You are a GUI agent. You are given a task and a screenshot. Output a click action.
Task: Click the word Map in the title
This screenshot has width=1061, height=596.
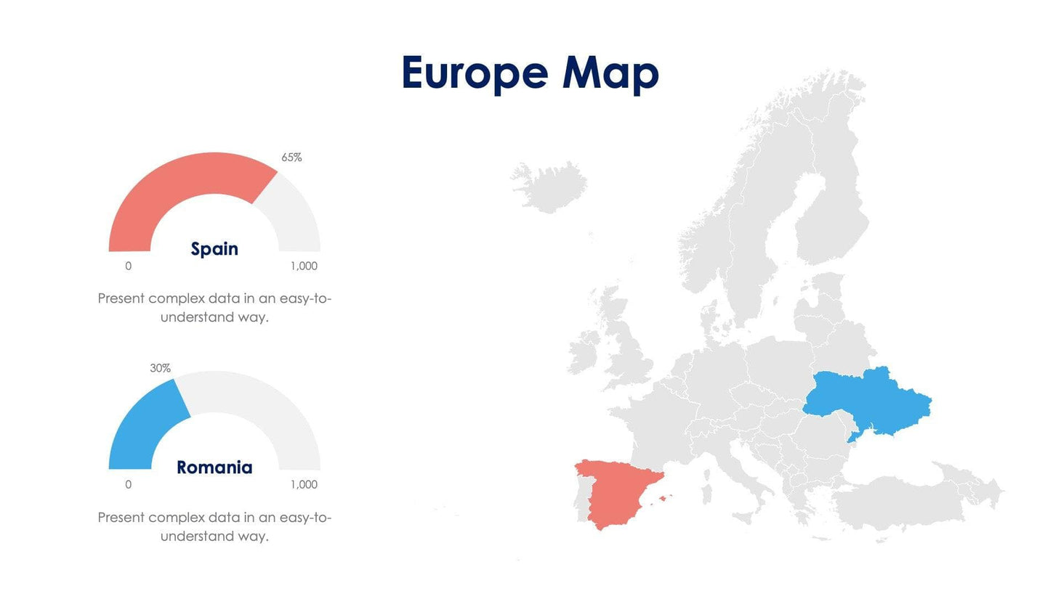pos(610,74)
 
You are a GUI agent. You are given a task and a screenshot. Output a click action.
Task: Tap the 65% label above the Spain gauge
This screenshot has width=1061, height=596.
pos(291,158)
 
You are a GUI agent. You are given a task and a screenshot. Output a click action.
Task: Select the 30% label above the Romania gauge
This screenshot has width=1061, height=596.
pos(160,368)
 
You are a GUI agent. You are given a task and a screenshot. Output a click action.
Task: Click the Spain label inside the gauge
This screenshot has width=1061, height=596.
pos(214,249)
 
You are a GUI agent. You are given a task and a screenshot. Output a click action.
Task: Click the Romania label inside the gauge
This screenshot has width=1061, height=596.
pos(214,468)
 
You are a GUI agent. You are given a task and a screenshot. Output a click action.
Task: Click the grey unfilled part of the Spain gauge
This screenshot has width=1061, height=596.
pos(294,214)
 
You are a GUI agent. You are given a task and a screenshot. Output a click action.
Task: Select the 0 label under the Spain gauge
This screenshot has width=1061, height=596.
pos(129,266)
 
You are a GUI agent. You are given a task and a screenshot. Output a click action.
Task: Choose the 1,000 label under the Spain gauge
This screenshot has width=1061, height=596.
pos(304,266)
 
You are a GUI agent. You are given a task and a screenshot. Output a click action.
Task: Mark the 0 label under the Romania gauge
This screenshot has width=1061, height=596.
pos(129,485)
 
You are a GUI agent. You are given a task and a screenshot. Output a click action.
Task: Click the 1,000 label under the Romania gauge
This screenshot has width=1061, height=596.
pos(304,485)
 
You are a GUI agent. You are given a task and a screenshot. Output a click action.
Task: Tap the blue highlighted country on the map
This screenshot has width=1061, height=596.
pos(865,399)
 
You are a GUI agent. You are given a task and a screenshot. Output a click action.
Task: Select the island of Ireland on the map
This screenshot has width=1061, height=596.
pos(583,354)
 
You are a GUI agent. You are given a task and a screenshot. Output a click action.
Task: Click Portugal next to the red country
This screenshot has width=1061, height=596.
pos(581,497)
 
